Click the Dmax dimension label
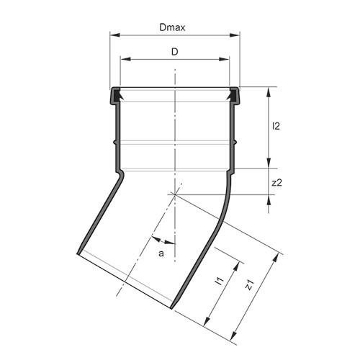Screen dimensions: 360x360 (174, 27)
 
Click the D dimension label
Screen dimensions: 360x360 (174, 52)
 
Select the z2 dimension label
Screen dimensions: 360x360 (276, 183)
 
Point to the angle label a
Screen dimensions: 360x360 (161, 253)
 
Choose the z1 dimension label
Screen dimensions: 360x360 (249, 285)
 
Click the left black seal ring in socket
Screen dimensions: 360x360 (114, 94)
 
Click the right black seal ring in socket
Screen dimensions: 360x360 (233, 94)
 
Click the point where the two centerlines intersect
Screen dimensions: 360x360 (174, 194)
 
